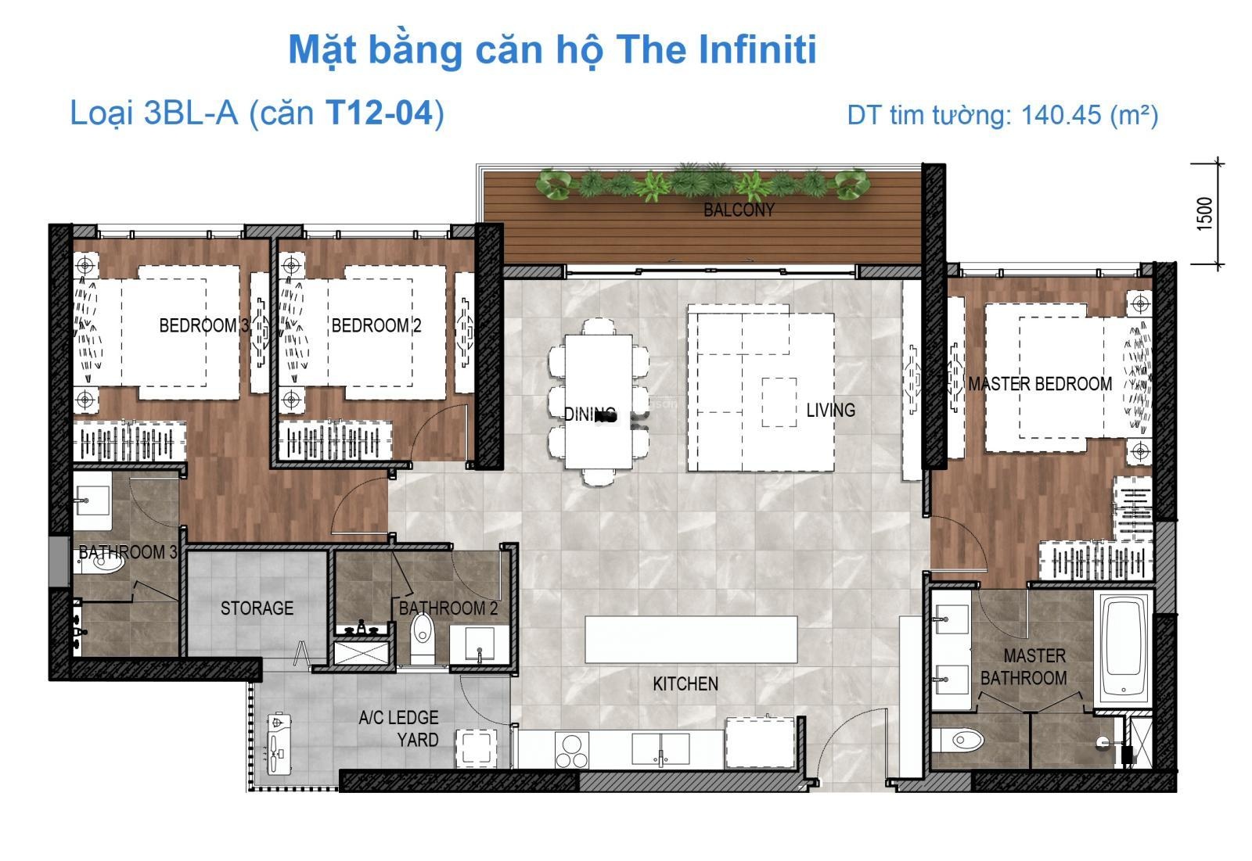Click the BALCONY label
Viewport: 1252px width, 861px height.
pyautogui.click(x=739, y=210)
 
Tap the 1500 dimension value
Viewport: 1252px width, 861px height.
pyautogui.click(x=1205, y=213)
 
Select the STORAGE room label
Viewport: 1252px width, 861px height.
pyautogui.click(x=257, y=608)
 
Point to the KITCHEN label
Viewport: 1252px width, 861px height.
pyautogui.click(x=685, y=684)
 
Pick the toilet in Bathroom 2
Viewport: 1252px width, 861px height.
pyautogui.click(x=422, y=636)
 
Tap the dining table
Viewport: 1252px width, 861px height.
pyautogui.click(x=599, y=401)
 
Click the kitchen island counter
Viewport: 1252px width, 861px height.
pyautogui.click(x=691, y=639)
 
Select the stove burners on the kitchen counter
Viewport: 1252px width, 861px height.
pyautogui.click(x=572, y=751)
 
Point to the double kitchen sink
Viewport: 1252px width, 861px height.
pyautogui.click(x=660, y=748)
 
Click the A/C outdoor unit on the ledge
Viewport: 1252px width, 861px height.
pyautogui.click(x=279, y=743)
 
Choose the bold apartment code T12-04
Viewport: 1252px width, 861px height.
pyautogui.click(x=380, y=113)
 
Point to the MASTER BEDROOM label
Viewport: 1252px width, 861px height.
pyautogui.click(x=1040, y=384)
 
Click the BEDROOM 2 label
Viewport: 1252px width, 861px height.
pyautogui.click(x=376, y=325)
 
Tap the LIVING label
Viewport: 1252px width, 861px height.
pyautogui.click(x=830, y=410)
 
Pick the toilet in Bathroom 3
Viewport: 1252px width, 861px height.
pyautogui.click(x=99, y=561)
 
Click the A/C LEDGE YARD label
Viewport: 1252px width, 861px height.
pyautogui.click(x=399, y=729)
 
